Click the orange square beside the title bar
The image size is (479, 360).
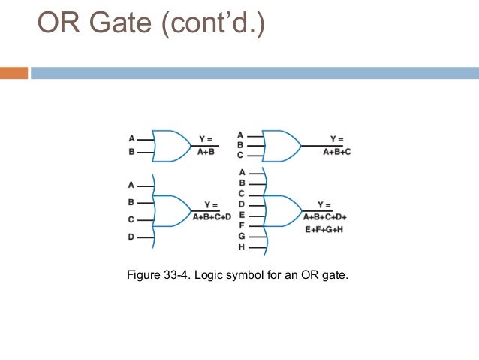pos(14,73)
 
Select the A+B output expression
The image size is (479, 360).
pos(206,152)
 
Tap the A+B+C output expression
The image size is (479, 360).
pos(337,152)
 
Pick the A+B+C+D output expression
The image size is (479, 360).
pos(212,217)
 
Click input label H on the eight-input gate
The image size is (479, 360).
pos(242,247)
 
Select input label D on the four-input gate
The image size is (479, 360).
pos(131,237)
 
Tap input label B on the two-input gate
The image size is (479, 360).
pos(131,153)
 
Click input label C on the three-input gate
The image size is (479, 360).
pos(240,155)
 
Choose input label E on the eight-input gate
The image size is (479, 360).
pos(242,214)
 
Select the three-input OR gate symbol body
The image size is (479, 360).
pos(281,145)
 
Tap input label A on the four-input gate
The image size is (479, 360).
pos(131,185)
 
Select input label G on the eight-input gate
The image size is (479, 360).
pos(242,236)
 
